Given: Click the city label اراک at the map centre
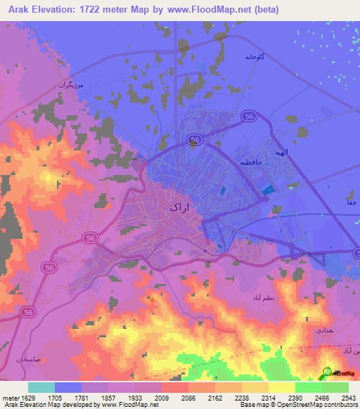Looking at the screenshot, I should (181, 207).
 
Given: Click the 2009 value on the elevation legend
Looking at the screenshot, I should (162, 398).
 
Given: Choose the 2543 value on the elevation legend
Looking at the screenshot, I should (349, 398).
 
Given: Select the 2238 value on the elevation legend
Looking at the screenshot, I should (242, 398).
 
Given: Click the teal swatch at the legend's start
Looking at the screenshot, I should (41, 387).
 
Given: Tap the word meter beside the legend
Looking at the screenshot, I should (9, 398).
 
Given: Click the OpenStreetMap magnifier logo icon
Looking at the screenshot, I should (327, 372).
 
